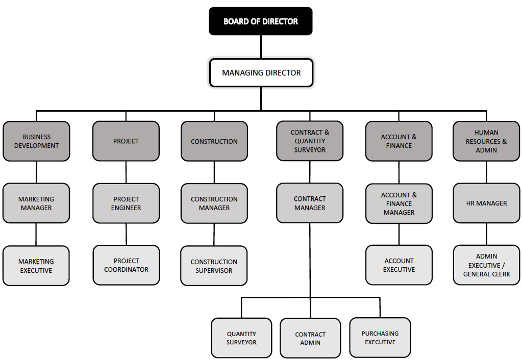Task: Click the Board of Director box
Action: tap(260, 21)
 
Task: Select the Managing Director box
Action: tap(261, 73)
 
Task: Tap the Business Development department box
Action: tap(36, 141)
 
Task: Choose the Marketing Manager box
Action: tap(36, 203)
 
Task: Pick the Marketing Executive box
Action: tap(36, 266)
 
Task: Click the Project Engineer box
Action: tap(126, 203)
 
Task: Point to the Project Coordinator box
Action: tap(126, 265)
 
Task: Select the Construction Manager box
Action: tap(214, 203)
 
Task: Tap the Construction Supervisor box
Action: tap(214, 266)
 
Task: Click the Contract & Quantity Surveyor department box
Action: tap(310, 141)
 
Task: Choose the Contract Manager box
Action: tap(310, 203)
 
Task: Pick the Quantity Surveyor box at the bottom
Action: tap(241, 338)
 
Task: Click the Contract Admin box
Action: tap(310, 338)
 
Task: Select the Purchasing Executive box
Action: tap(380, 338)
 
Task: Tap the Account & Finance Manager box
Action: tap(399, 203)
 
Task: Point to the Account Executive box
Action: tap(399, 265)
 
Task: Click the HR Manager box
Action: tap(486, 203)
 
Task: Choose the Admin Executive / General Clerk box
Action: tap(486, 265)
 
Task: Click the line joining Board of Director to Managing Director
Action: tap(261, 47)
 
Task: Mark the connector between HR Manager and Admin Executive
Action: tap(486, 234)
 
